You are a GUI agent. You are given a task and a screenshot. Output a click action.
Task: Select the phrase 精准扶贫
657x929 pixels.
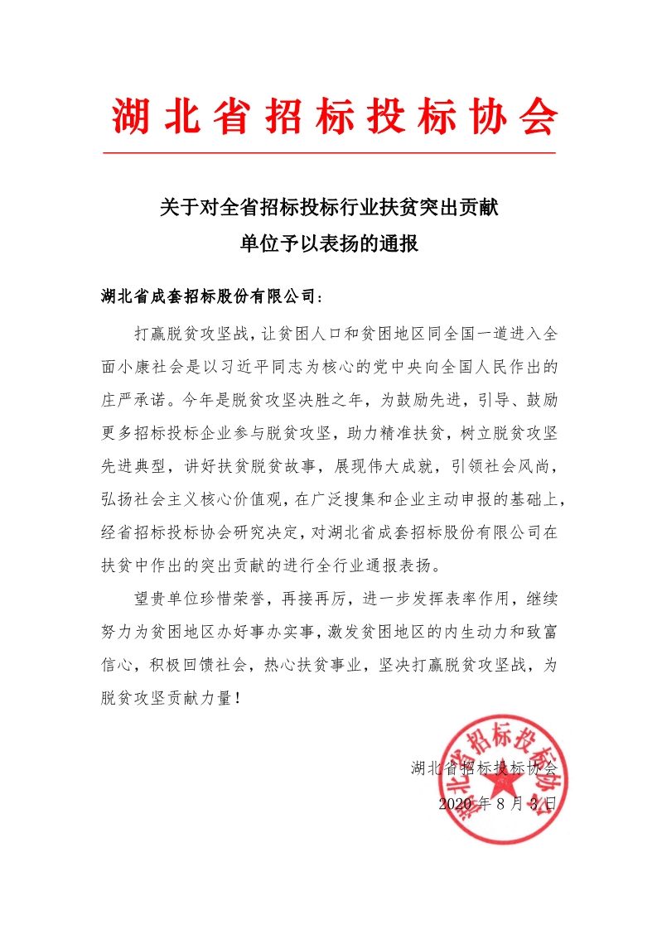410,431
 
